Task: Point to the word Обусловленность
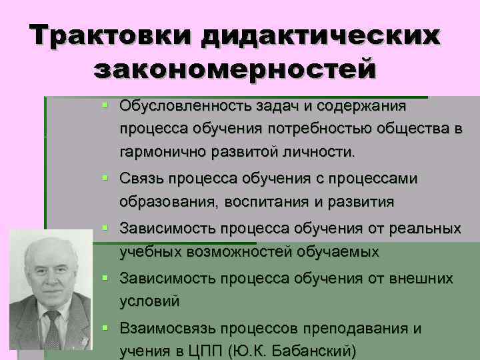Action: pos(173,105)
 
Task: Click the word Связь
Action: pos(142,179)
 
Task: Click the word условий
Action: pos(149,301)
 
